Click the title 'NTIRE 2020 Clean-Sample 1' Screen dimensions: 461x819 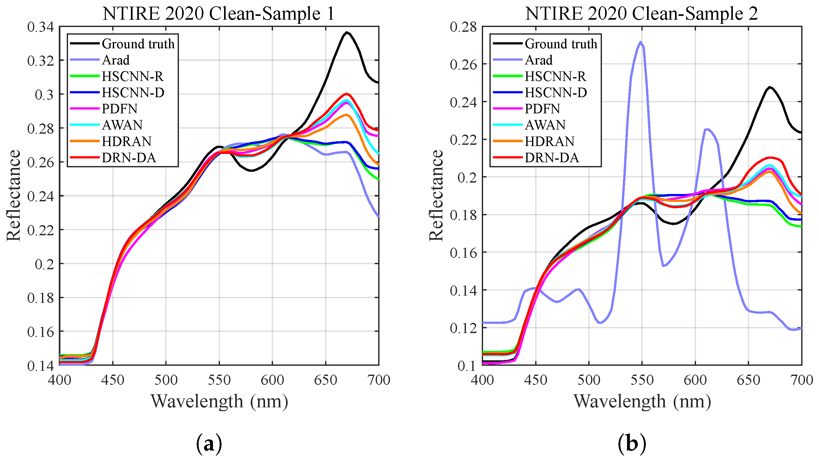(x=218, y=14)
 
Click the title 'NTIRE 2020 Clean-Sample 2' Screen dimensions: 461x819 (x=641, y=14)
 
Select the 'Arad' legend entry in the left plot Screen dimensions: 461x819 (x=116, y=60)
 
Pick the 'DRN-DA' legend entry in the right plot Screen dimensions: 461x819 (x=551, y=157)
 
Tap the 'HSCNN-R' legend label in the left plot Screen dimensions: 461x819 (x=133, y=76)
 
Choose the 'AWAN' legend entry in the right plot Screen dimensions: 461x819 (x=545, y=125)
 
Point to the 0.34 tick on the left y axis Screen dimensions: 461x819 (x=40, y=27)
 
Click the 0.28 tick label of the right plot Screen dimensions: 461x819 (x=463, y=27)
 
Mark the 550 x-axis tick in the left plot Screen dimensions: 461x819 (x=219, y=380)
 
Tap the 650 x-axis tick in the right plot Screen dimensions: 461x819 (x=748, y=380)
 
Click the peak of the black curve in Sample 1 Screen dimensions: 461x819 (x=347, y=32)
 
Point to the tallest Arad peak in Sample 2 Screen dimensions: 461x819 (x=640, y=42)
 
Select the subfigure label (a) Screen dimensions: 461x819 (x=209, y=444)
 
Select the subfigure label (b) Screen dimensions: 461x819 (x=632, y=444)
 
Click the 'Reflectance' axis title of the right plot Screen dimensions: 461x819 (x=436, y=195)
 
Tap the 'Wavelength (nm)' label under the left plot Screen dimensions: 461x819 (x=219, y=401)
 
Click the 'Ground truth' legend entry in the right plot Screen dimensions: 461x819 (x=561, y=44)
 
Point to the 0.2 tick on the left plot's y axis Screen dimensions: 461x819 (x=44, y=264)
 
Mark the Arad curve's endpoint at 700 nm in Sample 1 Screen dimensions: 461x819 (x=378, y=217)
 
